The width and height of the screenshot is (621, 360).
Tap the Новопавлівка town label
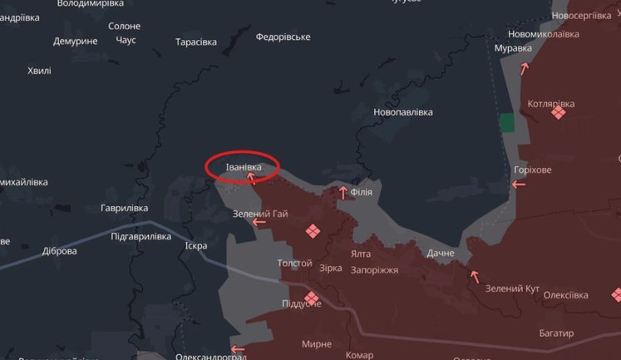[x=403, y=111]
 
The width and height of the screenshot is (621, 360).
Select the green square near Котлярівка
[x=507, y=123]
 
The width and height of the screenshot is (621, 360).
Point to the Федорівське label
[x=283, y=37]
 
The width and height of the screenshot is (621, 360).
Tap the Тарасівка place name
[x=196, y=42]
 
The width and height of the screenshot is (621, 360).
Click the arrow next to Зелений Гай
[x=259, y=221]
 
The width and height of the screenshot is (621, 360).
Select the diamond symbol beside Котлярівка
[x=559, y=111]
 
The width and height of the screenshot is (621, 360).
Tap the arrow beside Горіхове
[x=519, y=182]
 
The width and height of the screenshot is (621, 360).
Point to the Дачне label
[x=441, y=253]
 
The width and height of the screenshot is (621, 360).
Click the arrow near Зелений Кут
[x=475, y=275]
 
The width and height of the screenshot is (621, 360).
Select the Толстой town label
[x=294, y=264]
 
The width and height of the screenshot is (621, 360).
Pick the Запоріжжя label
[x=374, y=269]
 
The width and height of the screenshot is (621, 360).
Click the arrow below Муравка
[x=525, y=67]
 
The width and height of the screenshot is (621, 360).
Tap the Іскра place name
[x=196, y=245]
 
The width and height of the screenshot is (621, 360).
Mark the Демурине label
[x=76, y=41]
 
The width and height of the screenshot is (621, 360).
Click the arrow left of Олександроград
[x=238, y=349]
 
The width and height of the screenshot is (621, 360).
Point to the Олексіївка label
[x=566, y=295]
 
